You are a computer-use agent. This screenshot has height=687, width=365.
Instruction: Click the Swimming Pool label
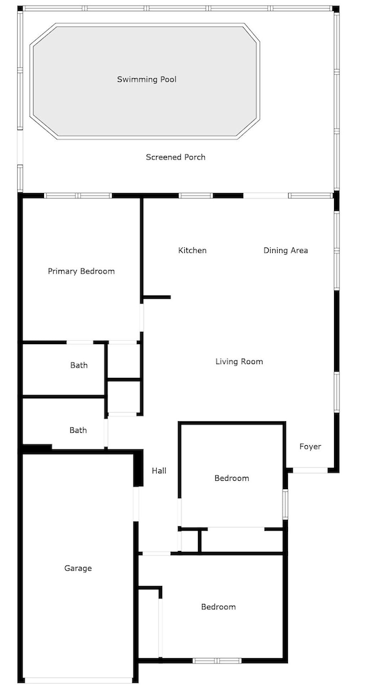click(x=146, y=80)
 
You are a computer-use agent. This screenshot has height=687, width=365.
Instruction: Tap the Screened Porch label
click(x=175, y=157)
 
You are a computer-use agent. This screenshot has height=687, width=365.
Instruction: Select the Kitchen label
click(x=192, y=251)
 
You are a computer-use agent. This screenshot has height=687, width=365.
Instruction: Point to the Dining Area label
click(x=285, y=251)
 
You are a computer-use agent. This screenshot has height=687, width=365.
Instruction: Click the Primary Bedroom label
click(x=81, y=271)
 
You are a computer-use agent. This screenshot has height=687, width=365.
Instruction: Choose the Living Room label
click(x=239, y=362)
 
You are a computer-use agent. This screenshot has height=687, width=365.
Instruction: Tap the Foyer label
click(x=310, y=447)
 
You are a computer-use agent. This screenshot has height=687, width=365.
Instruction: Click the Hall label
click(x=159, y=471)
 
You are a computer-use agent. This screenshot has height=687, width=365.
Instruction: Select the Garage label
click(x=78, y=569)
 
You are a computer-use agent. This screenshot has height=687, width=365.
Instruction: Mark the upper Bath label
click(x=78, y=365)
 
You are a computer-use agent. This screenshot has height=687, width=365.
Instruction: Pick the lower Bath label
click(x=78, y=431)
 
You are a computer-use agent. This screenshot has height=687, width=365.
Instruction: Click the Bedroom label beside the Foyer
click(x=232, y=478)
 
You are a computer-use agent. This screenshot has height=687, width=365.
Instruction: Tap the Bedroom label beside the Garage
click(x=218, y=607)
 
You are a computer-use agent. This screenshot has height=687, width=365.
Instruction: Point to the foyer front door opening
click(x=309, y=470)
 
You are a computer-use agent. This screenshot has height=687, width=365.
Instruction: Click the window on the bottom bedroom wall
click(x=217, y=661)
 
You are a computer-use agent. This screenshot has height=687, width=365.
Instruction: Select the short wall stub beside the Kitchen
click(x=157, y=297)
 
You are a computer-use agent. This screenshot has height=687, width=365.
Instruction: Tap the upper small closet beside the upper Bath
click(x=124, y=361)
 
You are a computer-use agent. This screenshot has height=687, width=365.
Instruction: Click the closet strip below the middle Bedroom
click(x=240, y=541)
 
